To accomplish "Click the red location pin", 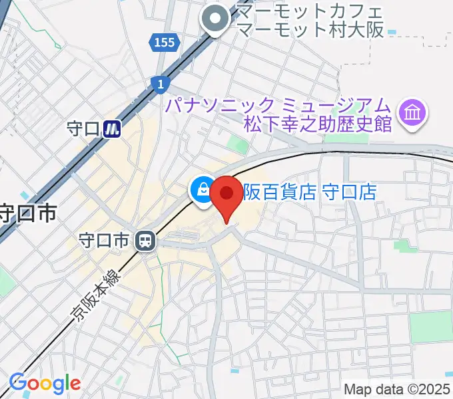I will click(227, 194).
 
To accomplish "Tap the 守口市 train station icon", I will click(144, 241).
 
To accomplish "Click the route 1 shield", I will click(161, 82).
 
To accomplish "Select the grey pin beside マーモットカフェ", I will click(215, 20).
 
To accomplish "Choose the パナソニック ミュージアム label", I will click(277, 106).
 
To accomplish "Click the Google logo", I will click(45, 383).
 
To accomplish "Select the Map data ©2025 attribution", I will click(397, 390).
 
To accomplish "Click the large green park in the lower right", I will click(430, 327).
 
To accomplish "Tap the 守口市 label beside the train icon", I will click(103, 241).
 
